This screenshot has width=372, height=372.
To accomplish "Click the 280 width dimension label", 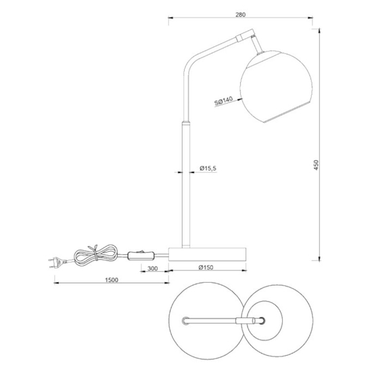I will (240, 14).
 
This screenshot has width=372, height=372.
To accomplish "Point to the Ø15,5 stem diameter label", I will (208, 169).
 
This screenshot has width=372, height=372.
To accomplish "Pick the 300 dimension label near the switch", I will (154, 269).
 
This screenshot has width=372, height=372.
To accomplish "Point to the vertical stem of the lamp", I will (185, 183).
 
